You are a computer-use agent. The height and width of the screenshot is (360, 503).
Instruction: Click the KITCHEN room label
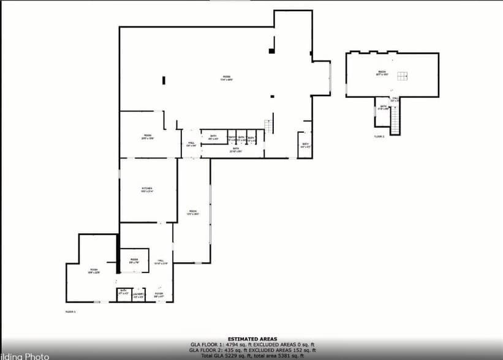tap(147, 189)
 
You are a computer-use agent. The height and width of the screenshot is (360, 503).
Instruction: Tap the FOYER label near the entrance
tap(159, 294)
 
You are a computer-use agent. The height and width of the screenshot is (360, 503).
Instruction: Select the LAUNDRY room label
tap(138, 295)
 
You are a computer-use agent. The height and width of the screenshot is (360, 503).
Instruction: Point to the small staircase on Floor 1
tap(268, 126)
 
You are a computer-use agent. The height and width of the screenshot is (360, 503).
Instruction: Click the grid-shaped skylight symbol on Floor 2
tap(402, 76)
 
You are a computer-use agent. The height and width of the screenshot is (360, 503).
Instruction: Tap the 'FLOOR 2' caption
tap(379, 137)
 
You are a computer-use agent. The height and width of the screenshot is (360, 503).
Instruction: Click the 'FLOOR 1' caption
tap(70, 312)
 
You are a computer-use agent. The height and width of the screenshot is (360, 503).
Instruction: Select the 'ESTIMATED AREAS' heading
tap(252, 339)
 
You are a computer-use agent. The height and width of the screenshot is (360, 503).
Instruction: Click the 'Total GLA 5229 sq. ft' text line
tap(252, 355)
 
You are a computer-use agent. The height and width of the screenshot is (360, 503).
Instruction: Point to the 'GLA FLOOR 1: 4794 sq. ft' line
tap(252, 344)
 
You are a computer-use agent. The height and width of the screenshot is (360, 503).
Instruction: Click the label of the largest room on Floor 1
tap(226, 78)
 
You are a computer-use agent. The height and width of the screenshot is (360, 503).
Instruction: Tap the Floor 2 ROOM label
tap(382, 73)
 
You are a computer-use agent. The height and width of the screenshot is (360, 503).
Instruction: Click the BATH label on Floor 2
tap(383, 107)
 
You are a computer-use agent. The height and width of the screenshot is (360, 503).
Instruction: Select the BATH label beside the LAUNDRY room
tap(123, 291)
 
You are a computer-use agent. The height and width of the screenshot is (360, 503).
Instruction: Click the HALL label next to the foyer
tap(161, 261)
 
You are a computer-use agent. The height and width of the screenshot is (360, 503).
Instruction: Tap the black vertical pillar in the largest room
tap(164, 80)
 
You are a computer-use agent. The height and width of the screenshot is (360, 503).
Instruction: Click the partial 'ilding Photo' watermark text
tap(25, 356)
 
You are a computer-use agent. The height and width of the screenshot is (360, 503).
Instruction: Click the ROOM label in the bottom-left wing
tap(94, 271)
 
